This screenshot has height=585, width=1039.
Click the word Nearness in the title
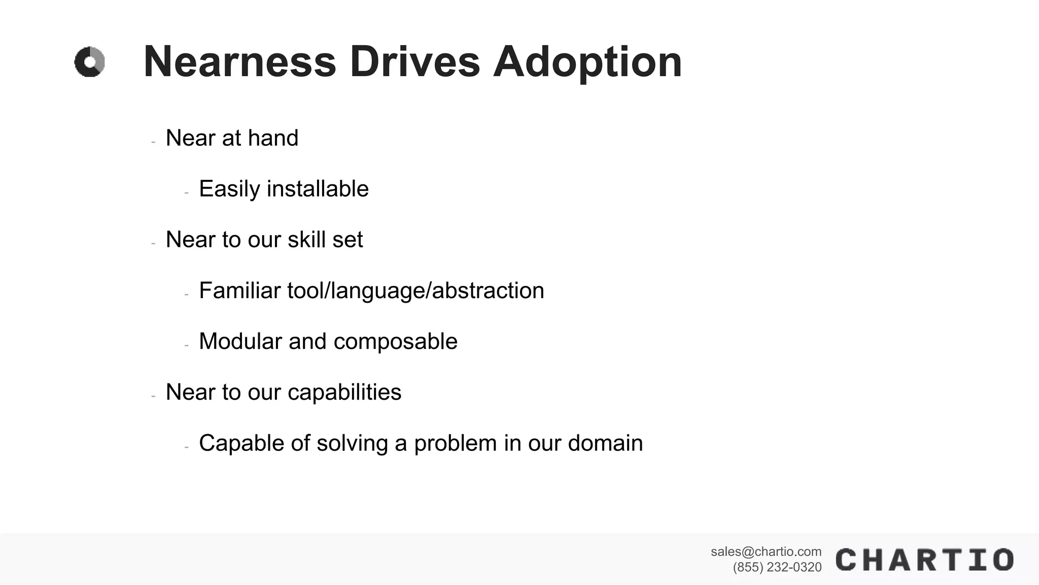click(x=239, y=62)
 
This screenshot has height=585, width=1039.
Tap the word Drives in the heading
click(x=414, y=62)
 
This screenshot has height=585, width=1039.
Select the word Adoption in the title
click(x=587, y=63)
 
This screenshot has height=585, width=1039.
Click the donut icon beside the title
click(x=90, y=62)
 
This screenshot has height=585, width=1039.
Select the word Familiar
click(x=239, y=290)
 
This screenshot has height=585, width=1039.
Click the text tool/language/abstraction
click(x=415, y=291)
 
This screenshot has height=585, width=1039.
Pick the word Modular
click(x=240, y=341)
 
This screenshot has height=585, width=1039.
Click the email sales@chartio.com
click(x=766, y=551)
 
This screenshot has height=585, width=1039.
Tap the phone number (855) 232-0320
click(x=777, y=567)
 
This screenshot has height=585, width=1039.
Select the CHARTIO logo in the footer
click(x=924, y=560)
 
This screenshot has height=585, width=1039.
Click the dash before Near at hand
click(x=153, y=142)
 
